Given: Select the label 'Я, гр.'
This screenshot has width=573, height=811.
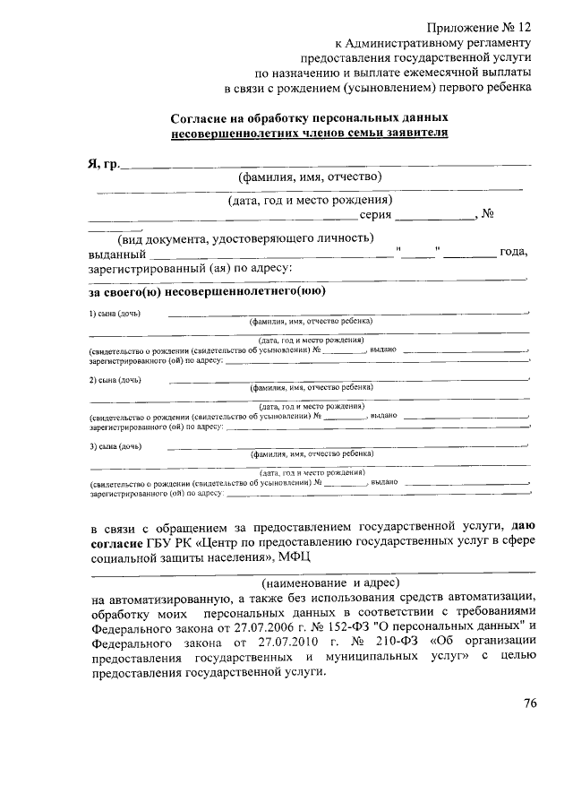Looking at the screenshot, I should (103, 165).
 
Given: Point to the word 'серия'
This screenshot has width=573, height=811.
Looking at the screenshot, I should (375, 214).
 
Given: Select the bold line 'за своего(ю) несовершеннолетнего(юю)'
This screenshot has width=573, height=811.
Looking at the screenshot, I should (207, 291).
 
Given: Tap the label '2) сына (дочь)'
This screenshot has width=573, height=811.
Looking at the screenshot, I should (115, 380).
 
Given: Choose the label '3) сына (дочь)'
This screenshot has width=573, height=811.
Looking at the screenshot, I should (115, 445).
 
